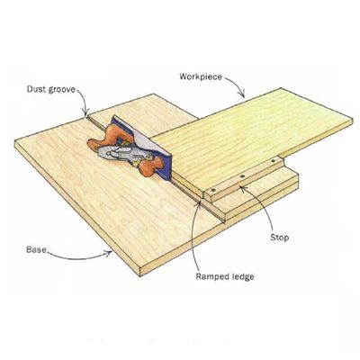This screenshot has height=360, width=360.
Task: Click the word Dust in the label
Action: point(35,89)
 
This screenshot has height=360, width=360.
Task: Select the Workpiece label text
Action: point(201,76)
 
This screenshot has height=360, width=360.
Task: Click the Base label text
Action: point(36,249)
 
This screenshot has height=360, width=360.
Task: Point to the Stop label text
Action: point(280,238)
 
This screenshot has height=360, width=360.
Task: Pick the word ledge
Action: point(240,276)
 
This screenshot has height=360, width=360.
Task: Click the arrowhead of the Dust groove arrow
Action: point(85,113)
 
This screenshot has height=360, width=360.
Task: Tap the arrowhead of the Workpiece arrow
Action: point(242,94)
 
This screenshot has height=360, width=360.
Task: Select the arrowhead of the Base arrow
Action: point(109,254)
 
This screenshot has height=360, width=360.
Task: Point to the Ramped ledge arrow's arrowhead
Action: point(199,203)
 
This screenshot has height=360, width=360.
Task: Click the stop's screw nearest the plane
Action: point(213,190)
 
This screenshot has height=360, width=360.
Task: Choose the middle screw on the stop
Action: point(243,175)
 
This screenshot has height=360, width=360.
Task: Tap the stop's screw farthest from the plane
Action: point(273,161)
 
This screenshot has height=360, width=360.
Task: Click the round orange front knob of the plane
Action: point(150,168)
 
